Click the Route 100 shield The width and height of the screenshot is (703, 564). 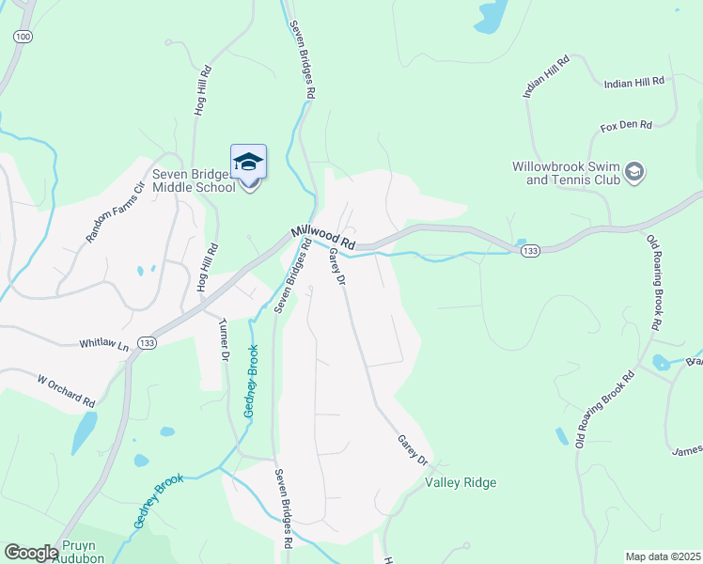click(23, 36)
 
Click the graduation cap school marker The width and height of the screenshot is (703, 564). click(248, 163)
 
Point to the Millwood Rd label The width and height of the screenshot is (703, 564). click(323, 237)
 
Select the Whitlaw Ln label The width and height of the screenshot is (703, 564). click(103, 345)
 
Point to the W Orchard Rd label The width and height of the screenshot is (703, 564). click(66, 391)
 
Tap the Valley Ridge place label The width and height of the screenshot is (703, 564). click(461, 483)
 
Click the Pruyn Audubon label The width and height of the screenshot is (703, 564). click(81, 551)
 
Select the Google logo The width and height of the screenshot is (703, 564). click(31, 553)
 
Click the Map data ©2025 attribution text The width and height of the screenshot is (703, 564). click(663, 556)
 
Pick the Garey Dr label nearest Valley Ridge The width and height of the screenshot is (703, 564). click(412, 449)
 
